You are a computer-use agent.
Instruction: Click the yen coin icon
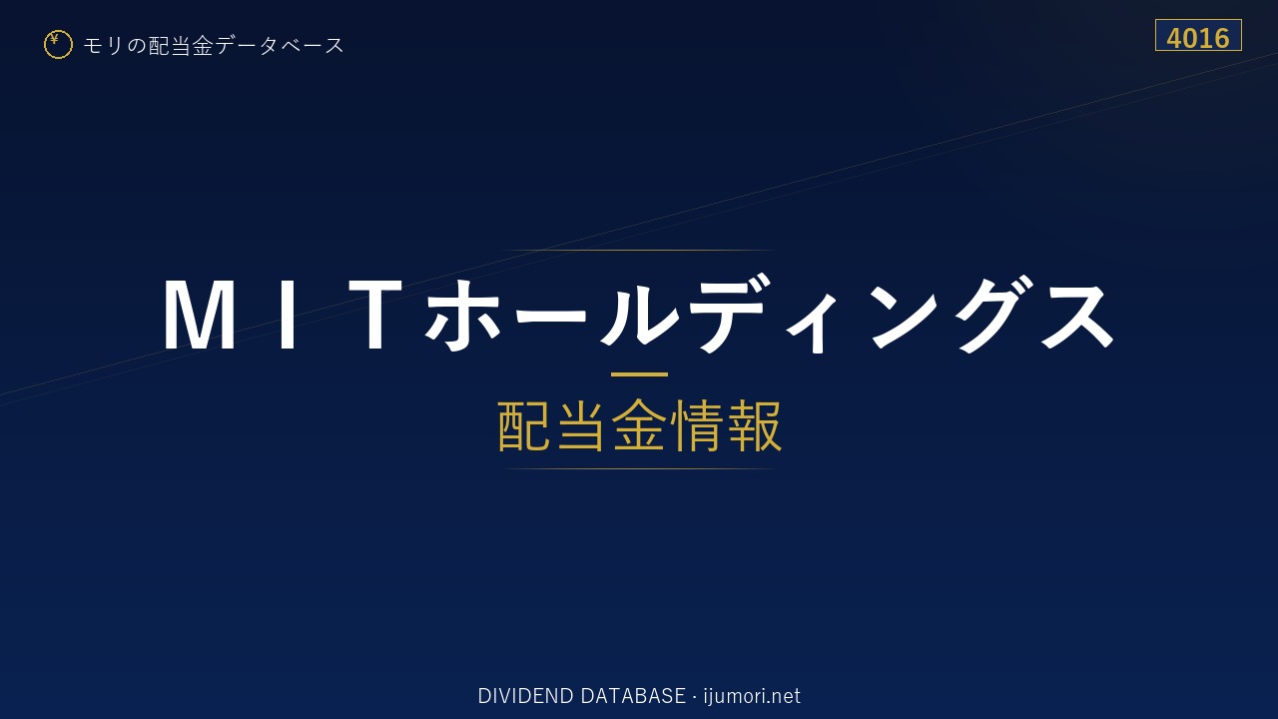tap(58, 45)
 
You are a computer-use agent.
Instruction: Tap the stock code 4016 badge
tap(1198, 35)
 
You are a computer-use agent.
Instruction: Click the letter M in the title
tap(199, 315)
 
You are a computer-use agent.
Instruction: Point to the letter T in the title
tap(375, 315)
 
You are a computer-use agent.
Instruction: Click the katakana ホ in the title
tap(460, 315)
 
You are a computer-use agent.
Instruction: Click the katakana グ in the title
tap(993, 315)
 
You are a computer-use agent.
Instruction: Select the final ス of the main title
tap(1078, 316)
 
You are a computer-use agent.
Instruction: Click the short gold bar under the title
tap(639, 374)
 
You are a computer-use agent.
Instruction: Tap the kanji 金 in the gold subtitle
tap(639, 425)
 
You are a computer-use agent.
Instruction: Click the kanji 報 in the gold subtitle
tap(754, 425)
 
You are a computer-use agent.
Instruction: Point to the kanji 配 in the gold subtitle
tap(524, 425)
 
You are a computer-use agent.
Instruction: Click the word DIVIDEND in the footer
tap(525, 696)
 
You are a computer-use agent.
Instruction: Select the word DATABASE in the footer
tap(633, 696)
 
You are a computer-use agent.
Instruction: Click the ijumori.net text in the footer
tap(752, 696)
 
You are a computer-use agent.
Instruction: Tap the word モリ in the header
tap(103, 46)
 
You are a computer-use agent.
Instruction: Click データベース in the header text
tap(280, 46)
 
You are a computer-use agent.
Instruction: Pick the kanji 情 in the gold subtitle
tap(696, 425)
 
